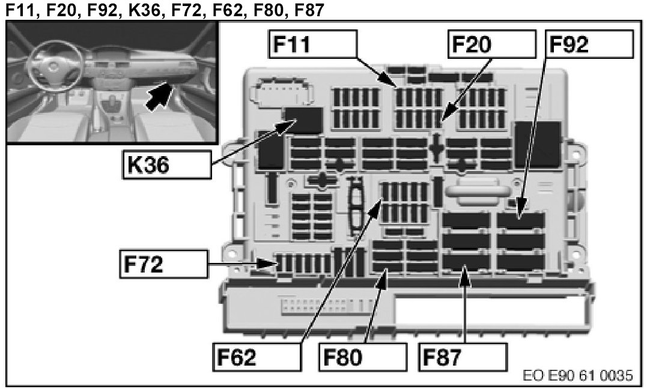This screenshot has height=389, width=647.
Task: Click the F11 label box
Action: coord(312,45)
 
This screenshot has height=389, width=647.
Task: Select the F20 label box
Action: coord(491,45)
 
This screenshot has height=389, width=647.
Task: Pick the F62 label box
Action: coord(257,357)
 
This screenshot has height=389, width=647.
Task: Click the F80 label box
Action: coord(359,357)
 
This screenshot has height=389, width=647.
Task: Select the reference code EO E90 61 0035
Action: coord(578,376)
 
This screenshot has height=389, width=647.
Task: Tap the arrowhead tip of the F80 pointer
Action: coord(386,271)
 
